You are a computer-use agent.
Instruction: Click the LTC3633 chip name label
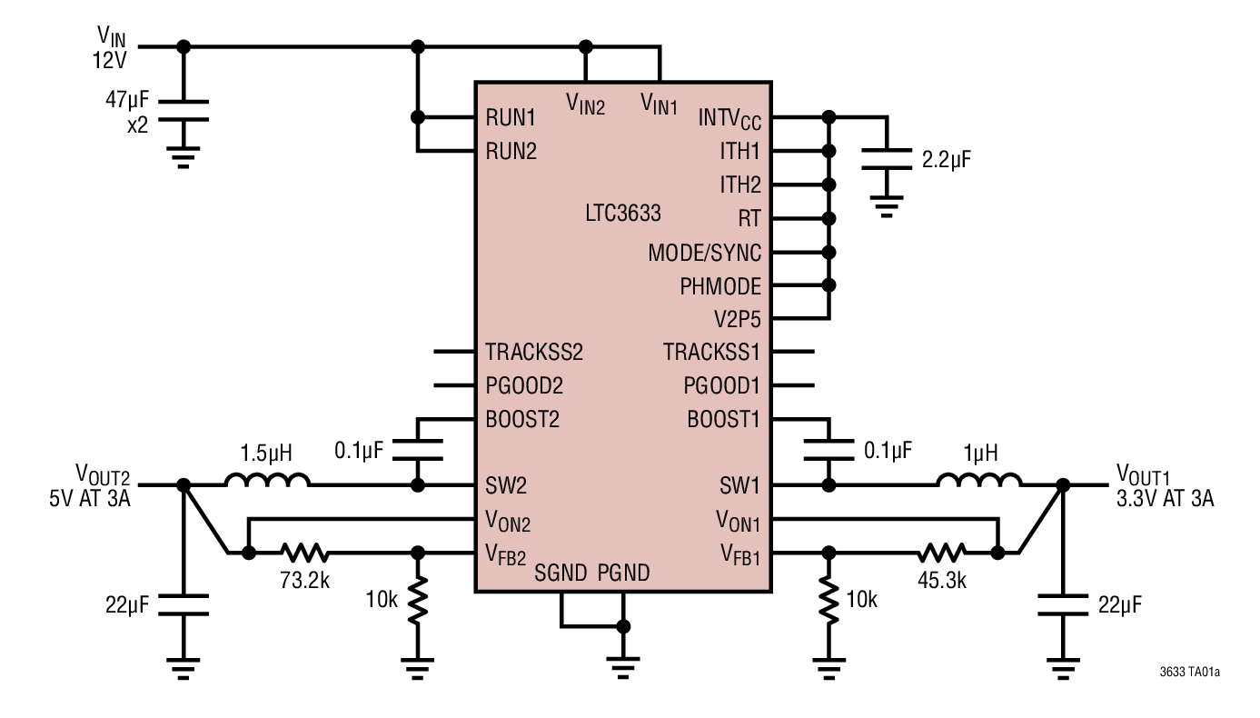coord(623,215)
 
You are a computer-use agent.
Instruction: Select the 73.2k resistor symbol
coord(304,552)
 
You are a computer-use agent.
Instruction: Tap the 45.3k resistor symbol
coord(942,552)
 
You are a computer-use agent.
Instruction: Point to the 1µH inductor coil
coord(977,482)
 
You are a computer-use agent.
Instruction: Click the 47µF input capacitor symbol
coord(184,110)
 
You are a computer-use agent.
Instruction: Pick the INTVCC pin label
coord(729,118)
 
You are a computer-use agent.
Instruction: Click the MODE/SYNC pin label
coord(705,253)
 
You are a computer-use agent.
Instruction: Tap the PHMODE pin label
coord(720,286)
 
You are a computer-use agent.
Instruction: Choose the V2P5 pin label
coord(736,320)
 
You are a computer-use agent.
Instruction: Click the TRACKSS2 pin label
coord(534,353)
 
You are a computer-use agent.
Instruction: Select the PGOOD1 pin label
coord(721,386)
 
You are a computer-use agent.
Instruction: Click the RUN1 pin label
coord(511,118)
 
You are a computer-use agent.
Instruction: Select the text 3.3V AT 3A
coord(1166,499)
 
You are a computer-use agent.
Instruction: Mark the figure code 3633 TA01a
coord(1189,673)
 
